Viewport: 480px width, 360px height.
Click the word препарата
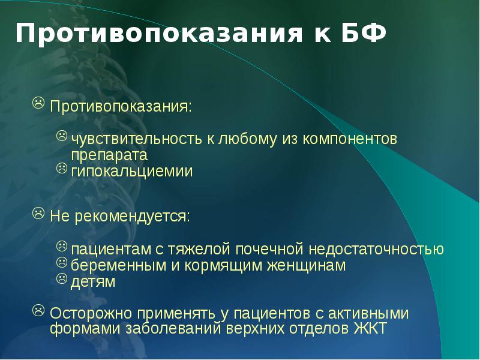point(110,154)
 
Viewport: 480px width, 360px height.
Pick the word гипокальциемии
point(133,172)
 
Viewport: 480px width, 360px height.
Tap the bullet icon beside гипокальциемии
point(62,169)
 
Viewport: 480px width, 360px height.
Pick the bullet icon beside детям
point(62,278)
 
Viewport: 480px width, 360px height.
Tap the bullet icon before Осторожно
point(38,310)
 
